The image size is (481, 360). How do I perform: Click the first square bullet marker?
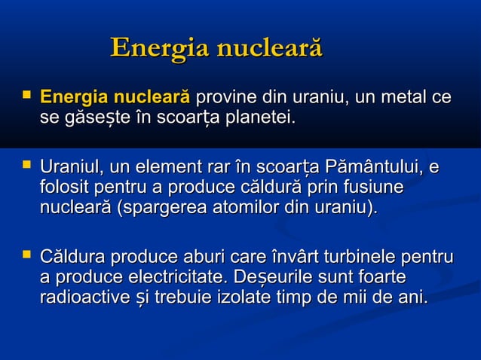(26, 96)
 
